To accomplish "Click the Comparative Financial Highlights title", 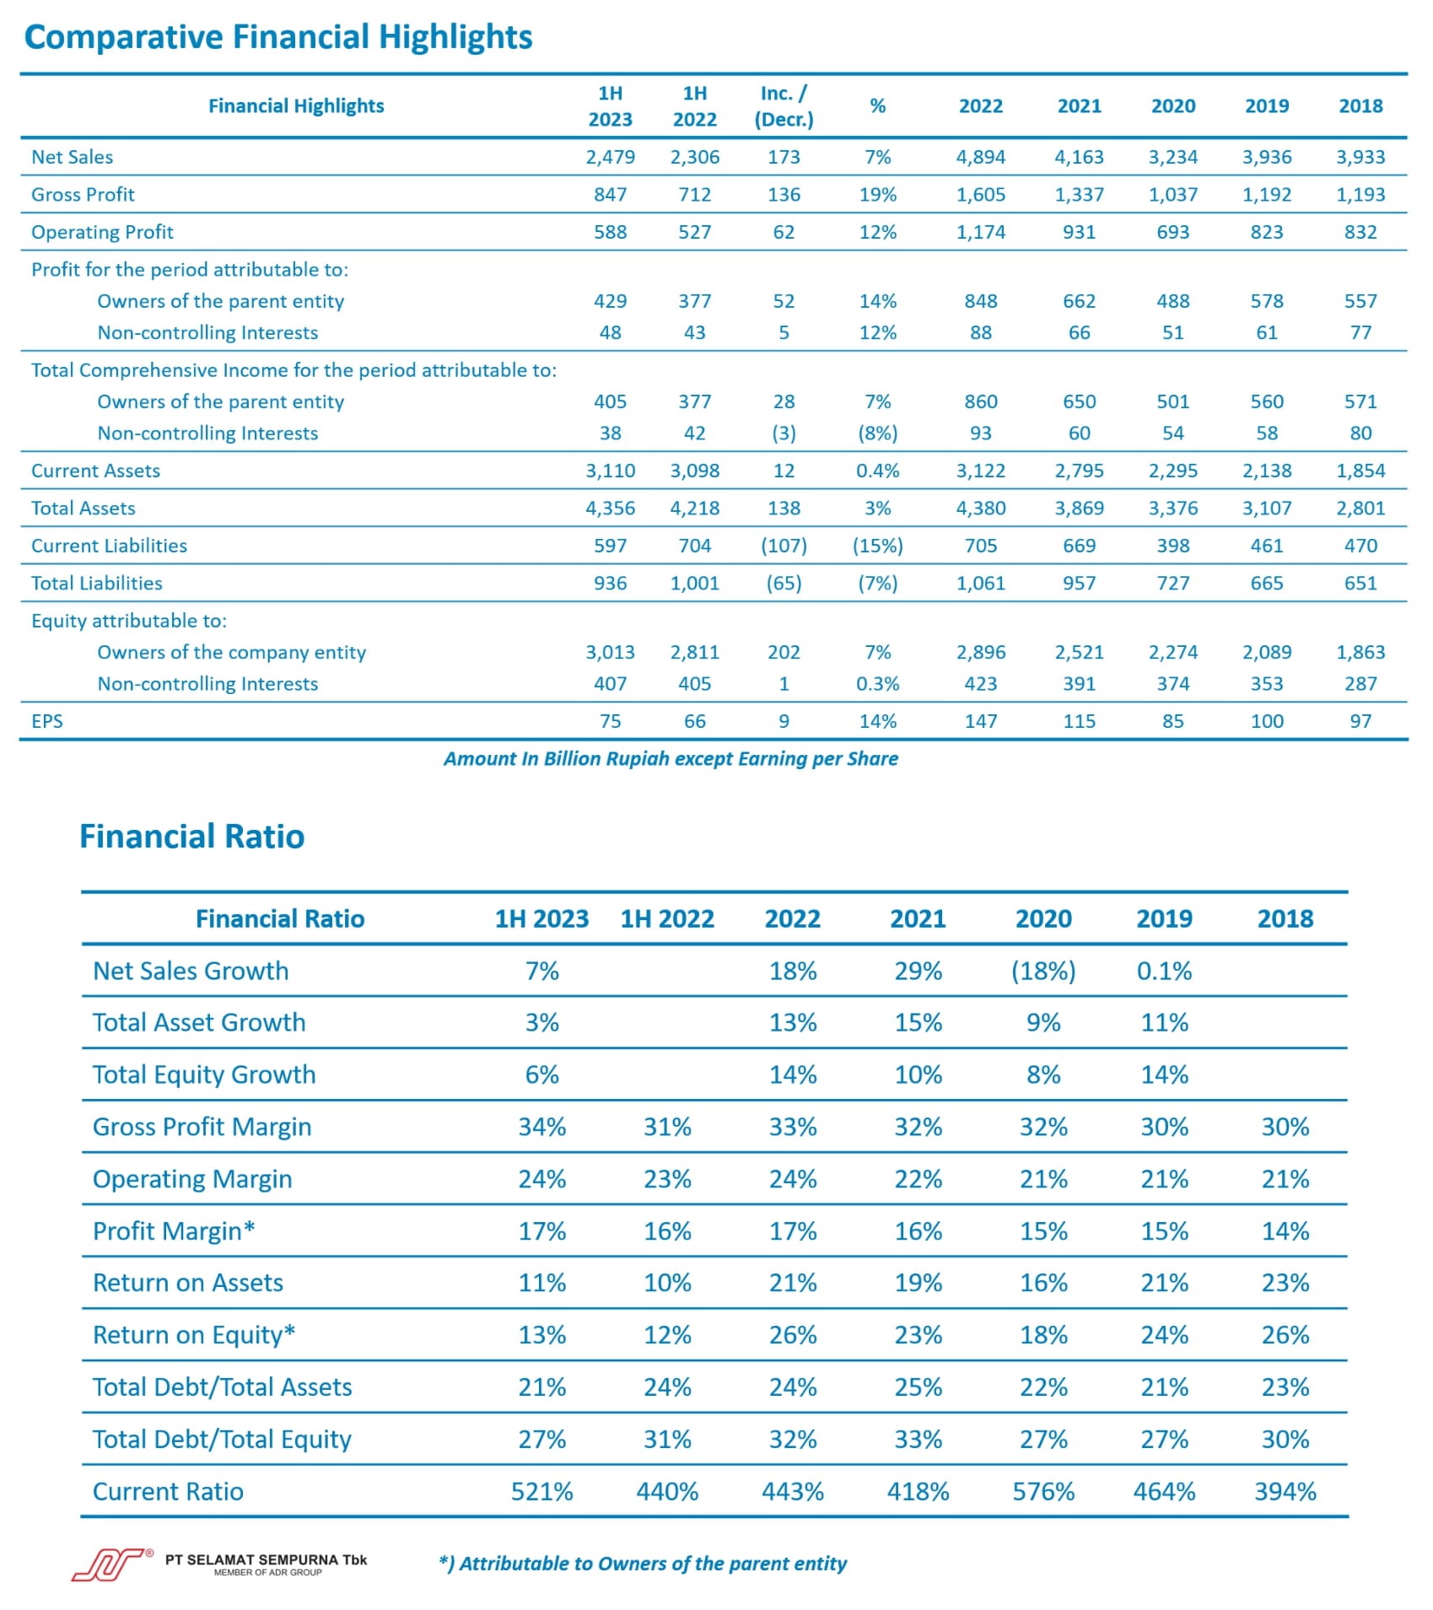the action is [278, 37].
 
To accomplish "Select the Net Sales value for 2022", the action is [980, 157].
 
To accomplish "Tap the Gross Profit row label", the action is [83, 195].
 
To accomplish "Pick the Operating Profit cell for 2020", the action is [1172, 232].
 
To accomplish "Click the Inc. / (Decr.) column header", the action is [784, 106].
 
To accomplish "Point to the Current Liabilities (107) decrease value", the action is [784, 546].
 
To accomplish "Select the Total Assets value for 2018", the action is [1360, 508].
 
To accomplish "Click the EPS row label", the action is [47, 721].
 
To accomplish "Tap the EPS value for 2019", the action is [1266, 721].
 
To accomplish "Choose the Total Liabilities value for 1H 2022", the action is [694, 583].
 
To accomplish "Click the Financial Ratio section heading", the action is [192, 837].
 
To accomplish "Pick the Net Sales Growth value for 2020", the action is [1043, 971].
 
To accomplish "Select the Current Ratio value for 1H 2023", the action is [541, 1491].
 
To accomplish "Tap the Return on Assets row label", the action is [188, 1283].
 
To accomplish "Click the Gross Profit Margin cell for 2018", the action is [1285, 1127].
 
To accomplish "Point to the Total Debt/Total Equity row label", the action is [222, 1439].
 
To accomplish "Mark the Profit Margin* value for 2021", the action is [918, 1231].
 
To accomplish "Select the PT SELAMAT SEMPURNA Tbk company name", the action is [266, 1559].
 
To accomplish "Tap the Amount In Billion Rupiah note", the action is [671, 759].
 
